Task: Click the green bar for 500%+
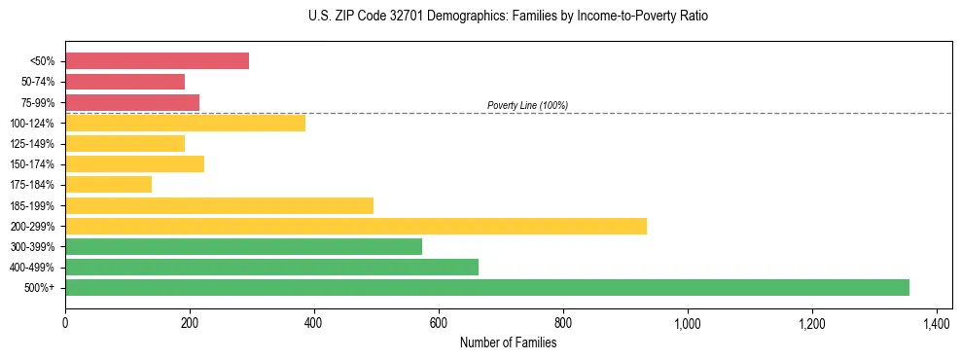pyautogui.click(x=486, y=287)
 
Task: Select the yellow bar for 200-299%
pyautogui.click(x=355, y=226)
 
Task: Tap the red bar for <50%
pyautogui.click(x=157, y=61)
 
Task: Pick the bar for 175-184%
pyautogui.click(x=108, y=184)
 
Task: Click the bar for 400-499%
pyautogui.click(x=271, y=267)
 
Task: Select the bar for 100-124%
pyautogui.click(x=185, y=123)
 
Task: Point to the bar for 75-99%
pyautogui.click(x=132, y=102)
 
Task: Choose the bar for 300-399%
pyautogui.click(x=243, y=246)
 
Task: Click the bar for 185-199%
pyautogui.click(x=219, y=205)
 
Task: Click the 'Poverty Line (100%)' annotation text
pyautogui.click(x=527, y=105)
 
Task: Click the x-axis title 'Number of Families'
pyautogui.click(x=509, y=342)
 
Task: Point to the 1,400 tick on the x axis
pyautogui.click(x=936, y=322)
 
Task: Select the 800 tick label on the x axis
pyautogui.click(x=563, y=322)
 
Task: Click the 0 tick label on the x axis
pyautogui.click(x=65, y=322)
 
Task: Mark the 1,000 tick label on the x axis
pyautogui.click(x=687, y=322)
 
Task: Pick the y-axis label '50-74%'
pyautogui.click(x=39, y=82)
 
